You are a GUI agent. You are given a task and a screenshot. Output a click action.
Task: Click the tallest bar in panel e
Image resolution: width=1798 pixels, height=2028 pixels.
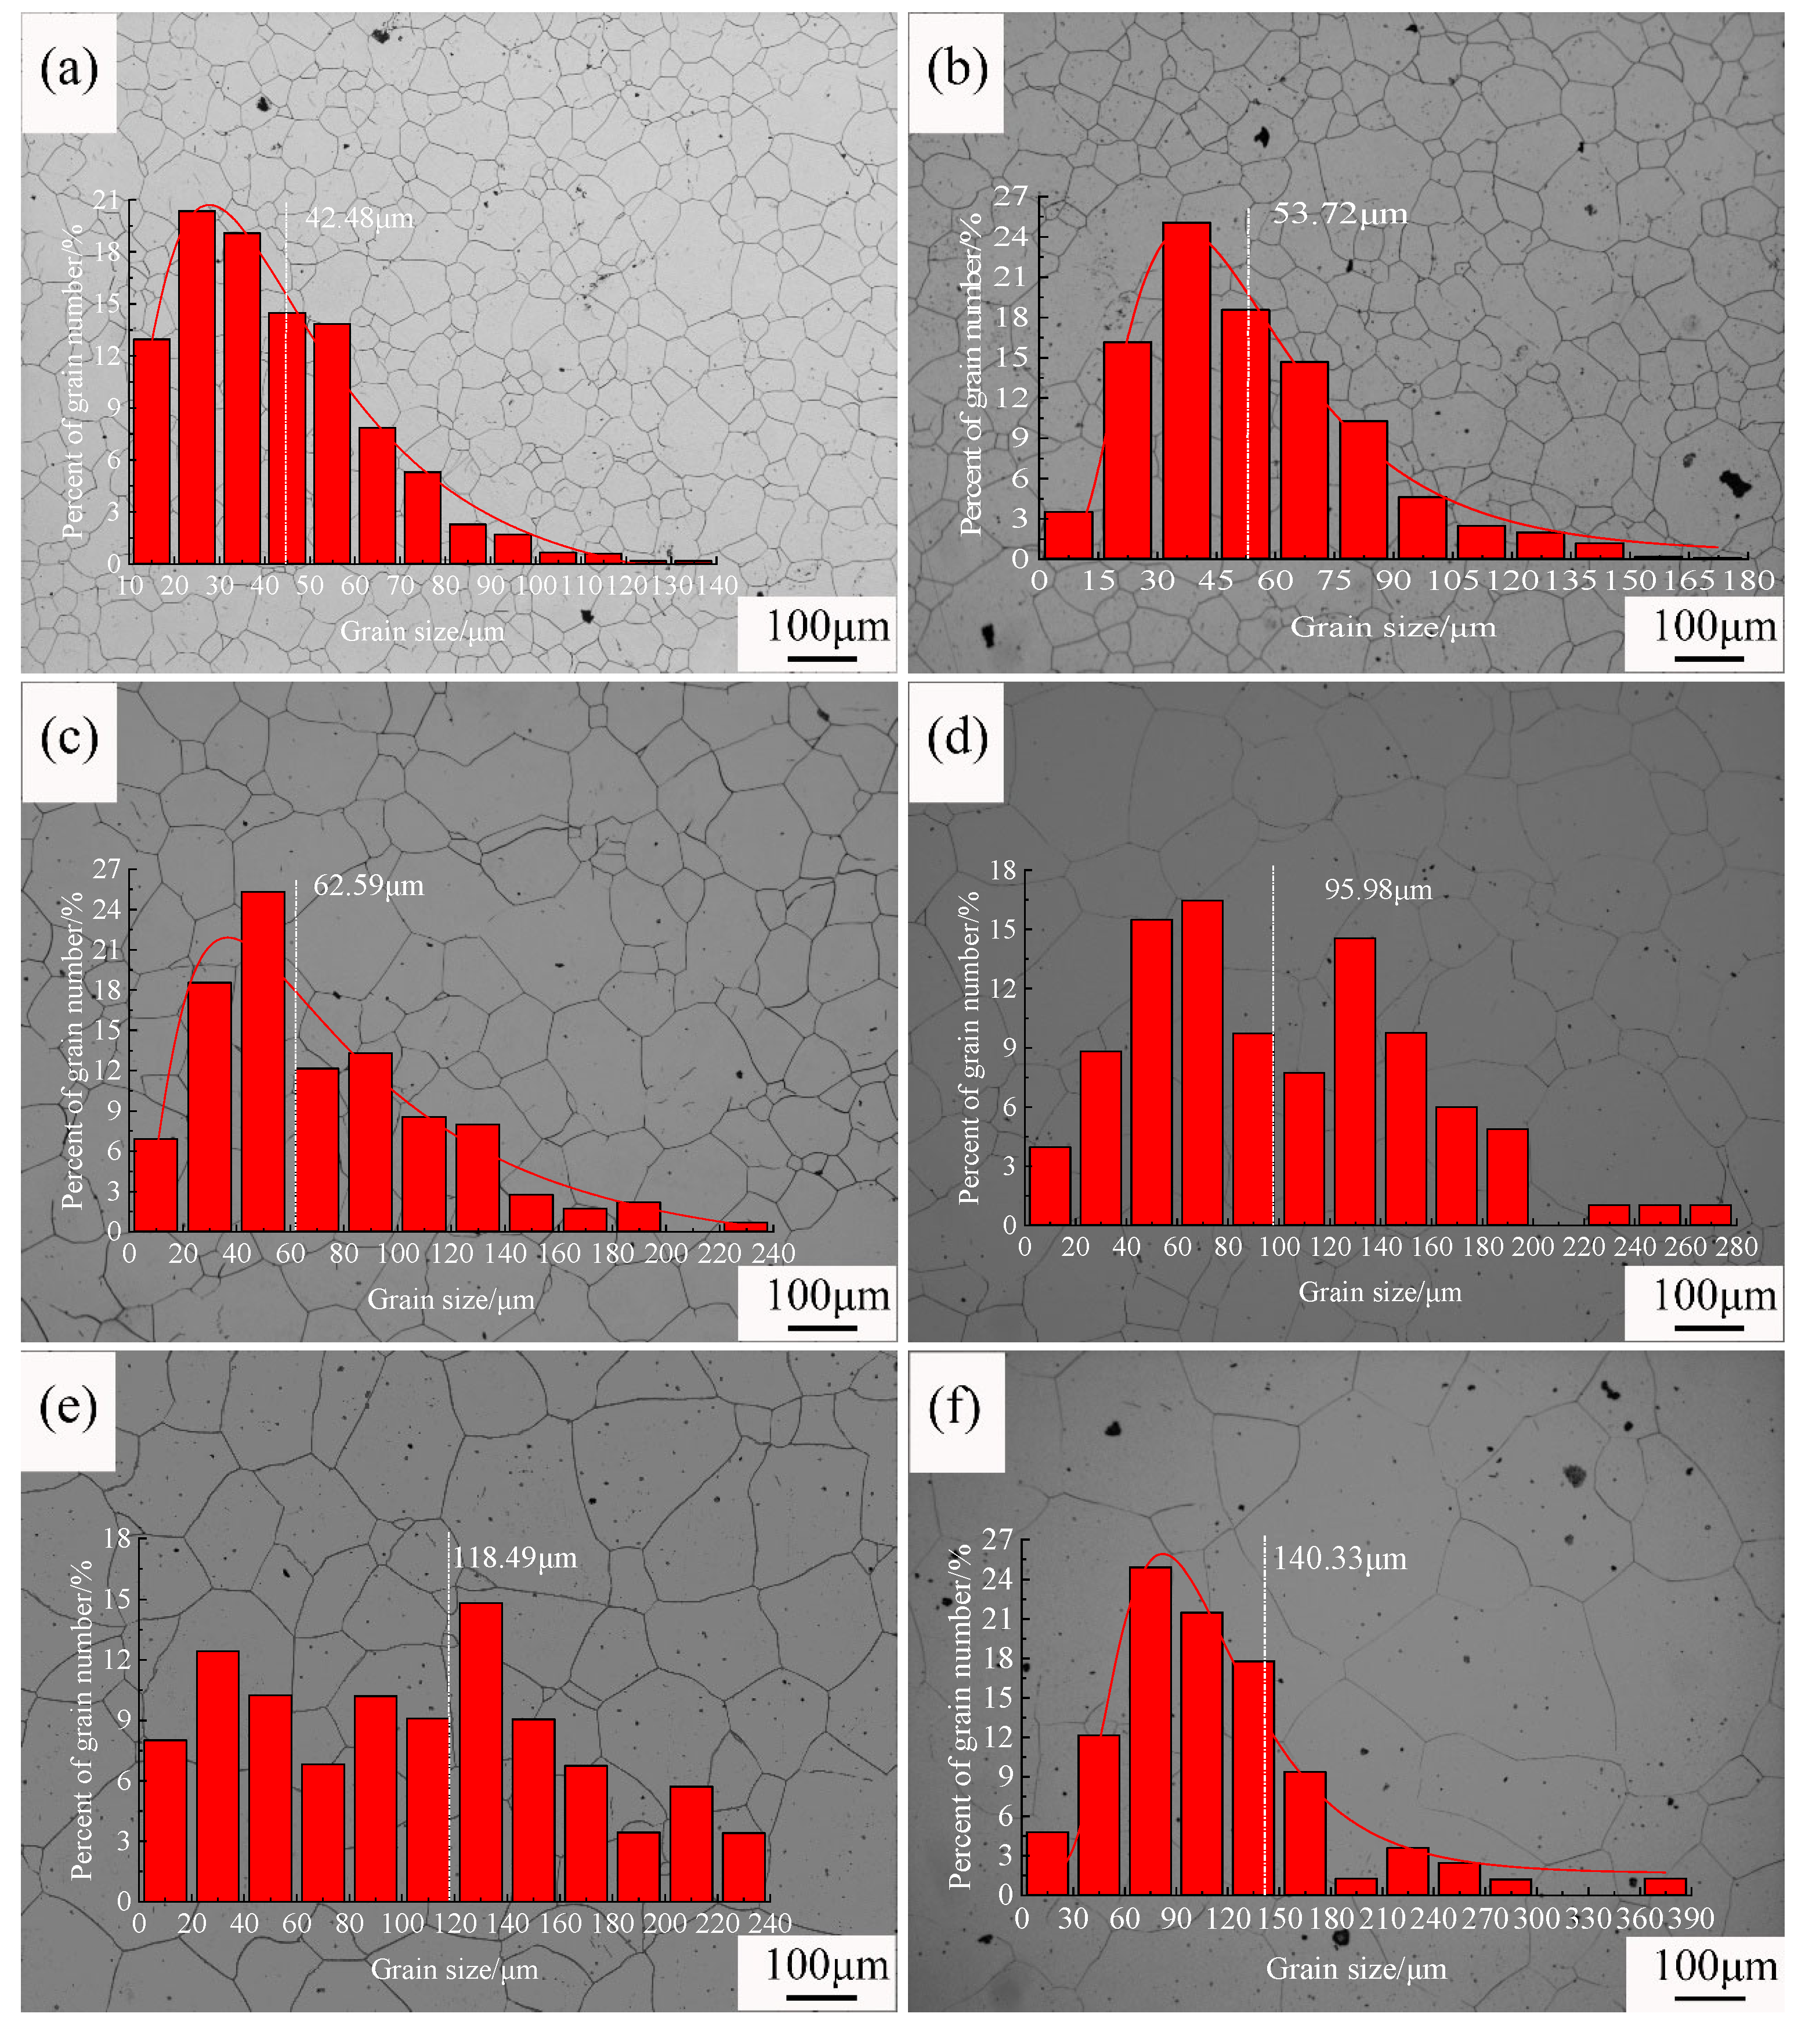point(480,1751)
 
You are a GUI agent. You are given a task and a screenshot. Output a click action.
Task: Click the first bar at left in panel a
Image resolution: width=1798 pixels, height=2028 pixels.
point(152,451)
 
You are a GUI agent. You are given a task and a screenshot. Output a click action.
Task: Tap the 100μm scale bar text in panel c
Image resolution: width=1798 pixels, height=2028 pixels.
point(827,1296)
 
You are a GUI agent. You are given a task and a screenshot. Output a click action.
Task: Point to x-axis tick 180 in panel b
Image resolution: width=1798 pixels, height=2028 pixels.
point(1748,581)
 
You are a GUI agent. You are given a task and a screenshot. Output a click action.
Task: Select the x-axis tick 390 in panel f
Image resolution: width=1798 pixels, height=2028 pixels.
point(1691,1919)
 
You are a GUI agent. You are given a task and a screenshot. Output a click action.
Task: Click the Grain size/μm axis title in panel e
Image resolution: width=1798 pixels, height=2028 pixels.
point(454,1969)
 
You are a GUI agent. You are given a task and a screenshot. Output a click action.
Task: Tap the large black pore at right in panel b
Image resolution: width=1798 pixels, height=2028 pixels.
point(1735,484)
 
